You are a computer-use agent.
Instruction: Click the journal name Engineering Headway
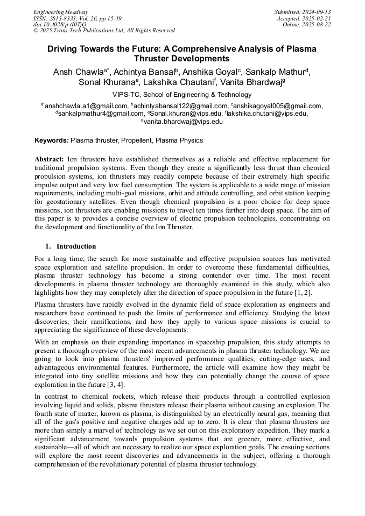click(61, 12)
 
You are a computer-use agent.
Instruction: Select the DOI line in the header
click(60, 25)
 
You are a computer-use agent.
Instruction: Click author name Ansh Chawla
click(79, 72)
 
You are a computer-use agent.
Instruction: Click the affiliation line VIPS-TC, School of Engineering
click(182, 95)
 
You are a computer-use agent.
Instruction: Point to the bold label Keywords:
click(52, 140)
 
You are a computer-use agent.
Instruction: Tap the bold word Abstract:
click(49, 159)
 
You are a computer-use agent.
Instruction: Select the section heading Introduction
click(76, 246)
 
